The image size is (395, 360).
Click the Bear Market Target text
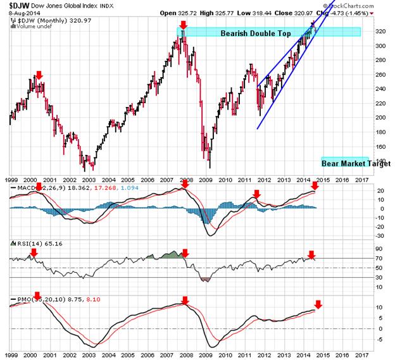tap(347, 163)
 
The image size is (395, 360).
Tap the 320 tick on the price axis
tap(377, 32)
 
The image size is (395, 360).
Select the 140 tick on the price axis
tap(377, 146)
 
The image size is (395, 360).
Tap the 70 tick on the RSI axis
tap(377, 259)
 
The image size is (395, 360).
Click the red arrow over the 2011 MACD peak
tap(256, 194)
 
